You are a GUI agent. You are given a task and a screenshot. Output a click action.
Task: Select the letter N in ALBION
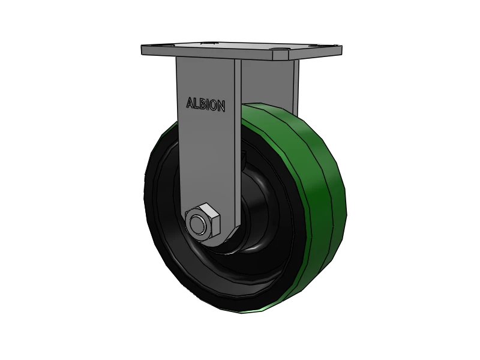click(221, 107)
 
